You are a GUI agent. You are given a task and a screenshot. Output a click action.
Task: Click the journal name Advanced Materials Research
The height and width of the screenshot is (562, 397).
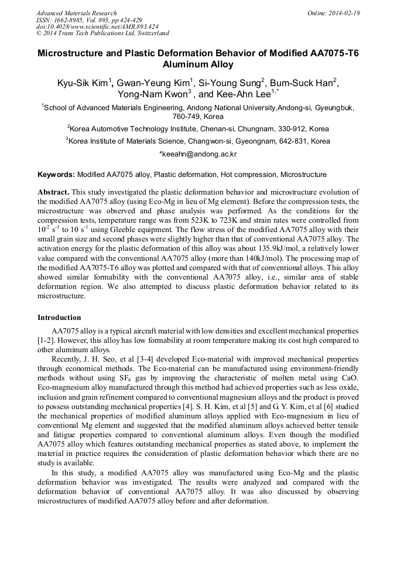[76, 13]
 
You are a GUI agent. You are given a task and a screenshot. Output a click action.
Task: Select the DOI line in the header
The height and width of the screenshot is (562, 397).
[97, 26]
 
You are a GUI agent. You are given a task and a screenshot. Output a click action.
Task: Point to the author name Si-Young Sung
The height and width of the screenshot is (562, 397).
[230, 83]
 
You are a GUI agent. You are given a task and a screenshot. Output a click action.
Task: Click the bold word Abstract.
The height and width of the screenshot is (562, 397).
[53, 192]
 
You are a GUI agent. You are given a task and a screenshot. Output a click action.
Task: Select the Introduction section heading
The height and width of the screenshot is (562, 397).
[59, 318]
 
